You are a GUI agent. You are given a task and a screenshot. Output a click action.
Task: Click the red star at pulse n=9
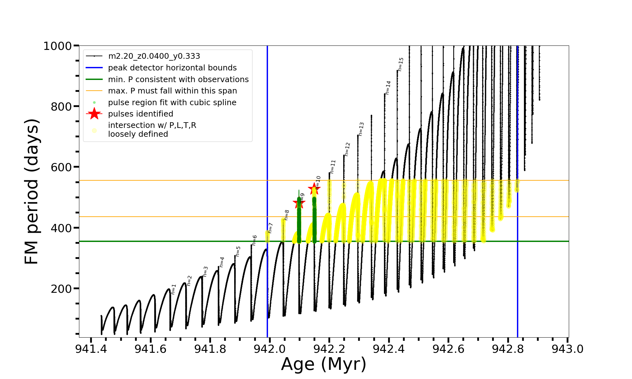tap(299, 203)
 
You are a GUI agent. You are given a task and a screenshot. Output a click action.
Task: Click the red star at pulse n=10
tap(314, 189)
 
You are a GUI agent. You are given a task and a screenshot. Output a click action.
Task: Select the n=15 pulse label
tap(401, 64)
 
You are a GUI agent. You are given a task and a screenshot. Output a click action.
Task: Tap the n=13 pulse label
tap(361, 129)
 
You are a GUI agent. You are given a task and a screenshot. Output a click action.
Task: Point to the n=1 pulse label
tap(173, 289)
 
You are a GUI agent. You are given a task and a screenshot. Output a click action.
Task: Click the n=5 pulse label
tap(238, 251)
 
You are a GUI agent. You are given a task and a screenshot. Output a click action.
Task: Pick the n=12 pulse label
tap(347, 149)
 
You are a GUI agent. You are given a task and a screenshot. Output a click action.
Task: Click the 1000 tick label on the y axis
tap(58, 46)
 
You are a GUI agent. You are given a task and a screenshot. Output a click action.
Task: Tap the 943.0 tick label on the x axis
tap(568, 349)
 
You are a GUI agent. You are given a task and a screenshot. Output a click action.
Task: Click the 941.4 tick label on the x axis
tap(91, 349)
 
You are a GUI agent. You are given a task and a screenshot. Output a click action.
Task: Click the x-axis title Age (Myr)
tap(324, 364)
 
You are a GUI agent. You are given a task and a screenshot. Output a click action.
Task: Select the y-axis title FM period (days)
tap(32, 191)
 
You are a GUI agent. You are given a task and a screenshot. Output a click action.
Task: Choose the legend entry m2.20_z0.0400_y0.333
tap(154, 56)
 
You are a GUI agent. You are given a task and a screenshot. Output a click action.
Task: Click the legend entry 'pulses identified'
tap(141, 114)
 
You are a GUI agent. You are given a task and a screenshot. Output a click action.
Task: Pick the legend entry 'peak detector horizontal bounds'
tap(172, 68)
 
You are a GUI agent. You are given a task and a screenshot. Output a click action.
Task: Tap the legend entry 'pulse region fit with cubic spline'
tap(172, 103)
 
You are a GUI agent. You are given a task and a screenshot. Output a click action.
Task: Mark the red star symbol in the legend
tap(94, 114)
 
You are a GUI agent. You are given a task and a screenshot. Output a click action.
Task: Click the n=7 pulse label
tap(270, 228)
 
